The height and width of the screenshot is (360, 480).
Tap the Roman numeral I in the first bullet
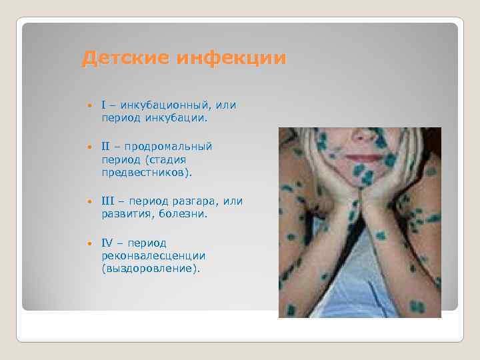[104, 105]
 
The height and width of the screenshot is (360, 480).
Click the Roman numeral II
[107, 146]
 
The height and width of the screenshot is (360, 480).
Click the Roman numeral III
[109, 201]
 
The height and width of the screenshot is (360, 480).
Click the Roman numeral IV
[108, 243]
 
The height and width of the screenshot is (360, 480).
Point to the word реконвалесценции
[153, 255]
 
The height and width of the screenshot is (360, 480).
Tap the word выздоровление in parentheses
[151, 269]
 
